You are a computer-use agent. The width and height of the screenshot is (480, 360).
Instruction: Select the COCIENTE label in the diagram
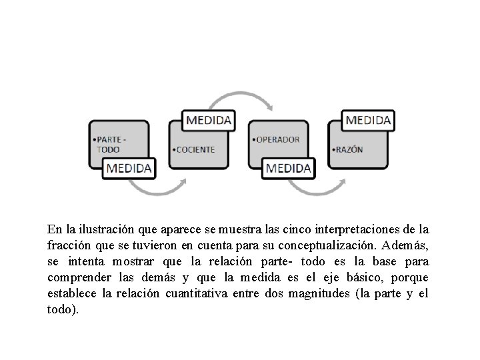point(195,149)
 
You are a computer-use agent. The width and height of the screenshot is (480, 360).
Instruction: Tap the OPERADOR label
point(277,139)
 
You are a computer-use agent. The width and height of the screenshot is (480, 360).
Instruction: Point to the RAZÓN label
point(348,149)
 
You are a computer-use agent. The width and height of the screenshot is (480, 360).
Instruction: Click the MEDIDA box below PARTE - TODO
point(129,167)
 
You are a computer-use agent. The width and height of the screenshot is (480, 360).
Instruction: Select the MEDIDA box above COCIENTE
point(209,120)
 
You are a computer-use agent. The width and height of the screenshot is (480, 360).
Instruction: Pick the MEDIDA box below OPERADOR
point(288,167)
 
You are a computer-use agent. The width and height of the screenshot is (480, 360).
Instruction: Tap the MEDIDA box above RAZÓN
point(368,120)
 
